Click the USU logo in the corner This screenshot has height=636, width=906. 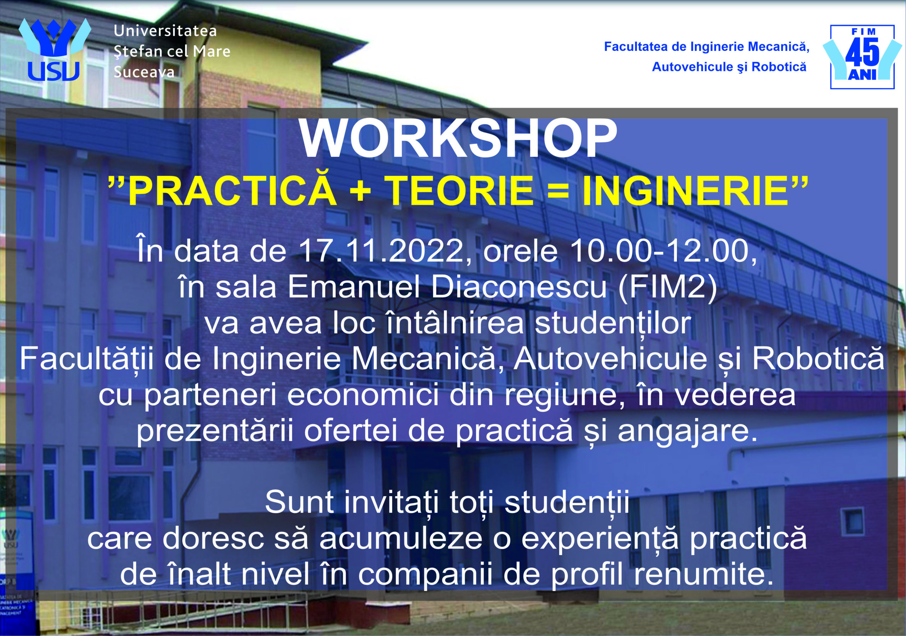pos(55,50)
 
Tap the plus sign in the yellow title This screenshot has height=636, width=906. pos(360,191)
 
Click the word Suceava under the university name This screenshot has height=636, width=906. pos(144,72)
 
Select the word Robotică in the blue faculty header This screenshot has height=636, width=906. pos(779,67)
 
